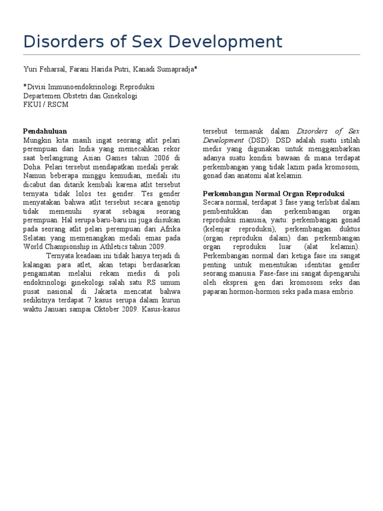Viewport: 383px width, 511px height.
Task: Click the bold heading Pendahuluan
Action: (45, 131)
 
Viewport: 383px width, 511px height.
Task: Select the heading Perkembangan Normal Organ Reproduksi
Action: (274, 193)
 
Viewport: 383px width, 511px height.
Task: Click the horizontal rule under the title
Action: (191, 54)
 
